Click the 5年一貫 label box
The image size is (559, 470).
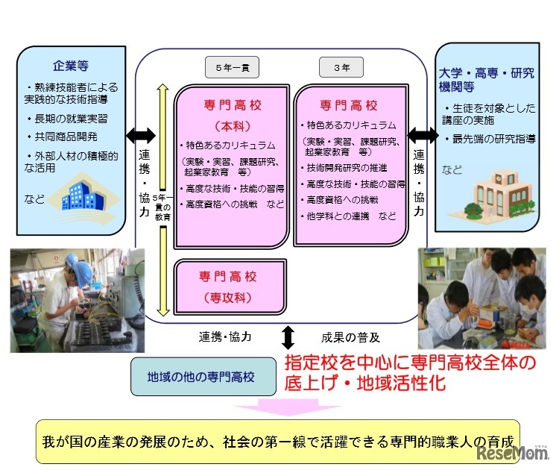pyautogui.click(x=232, y=67)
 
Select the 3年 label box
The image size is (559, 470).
pyautogui.click(x=342, y=67)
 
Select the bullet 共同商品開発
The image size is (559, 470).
pyautogui.click(x=63, y=137)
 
